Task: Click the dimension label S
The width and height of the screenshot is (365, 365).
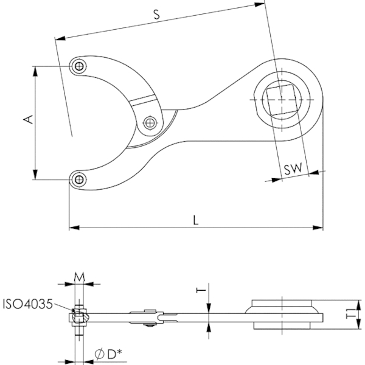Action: click(157, 15)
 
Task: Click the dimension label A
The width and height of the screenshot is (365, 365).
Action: click(29, 119)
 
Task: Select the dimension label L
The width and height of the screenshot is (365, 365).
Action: click(196, 220)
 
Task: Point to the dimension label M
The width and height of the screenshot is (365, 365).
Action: click(79, 277)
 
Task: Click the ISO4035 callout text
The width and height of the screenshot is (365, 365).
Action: click(28, 304)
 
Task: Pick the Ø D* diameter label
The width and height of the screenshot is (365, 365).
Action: click(108, 354)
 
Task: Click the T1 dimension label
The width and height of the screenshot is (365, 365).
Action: click(352, 313)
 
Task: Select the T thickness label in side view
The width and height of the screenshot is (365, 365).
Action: click(201, 290)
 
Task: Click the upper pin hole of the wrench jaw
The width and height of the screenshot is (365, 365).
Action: click(79, 66)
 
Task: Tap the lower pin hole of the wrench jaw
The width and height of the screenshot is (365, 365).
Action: click(79, 179)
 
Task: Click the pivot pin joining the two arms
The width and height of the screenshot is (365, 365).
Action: click(150, 122)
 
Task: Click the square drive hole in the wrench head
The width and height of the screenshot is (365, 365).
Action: click(282, 100)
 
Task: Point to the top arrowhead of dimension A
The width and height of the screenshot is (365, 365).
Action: click(35, 71)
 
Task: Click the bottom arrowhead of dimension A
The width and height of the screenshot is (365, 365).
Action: click(35, 175)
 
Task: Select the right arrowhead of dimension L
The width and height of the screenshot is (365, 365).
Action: click(318, 228)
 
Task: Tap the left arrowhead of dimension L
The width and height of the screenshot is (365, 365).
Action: click(74, 228)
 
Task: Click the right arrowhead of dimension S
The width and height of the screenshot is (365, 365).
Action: click(260, 4)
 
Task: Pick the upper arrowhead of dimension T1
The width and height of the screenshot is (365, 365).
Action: click(359, 305)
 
